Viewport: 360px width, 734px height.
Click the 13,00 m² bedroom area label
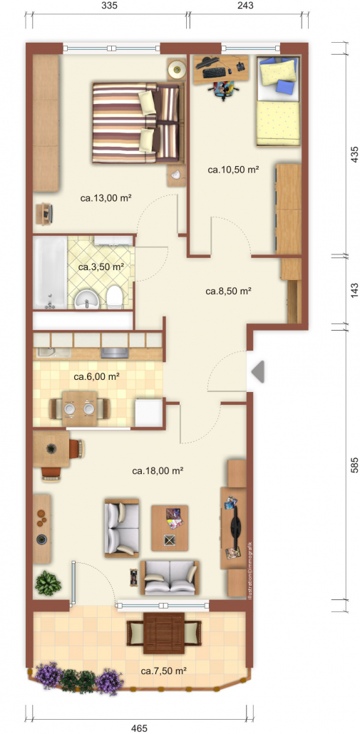(106, 198)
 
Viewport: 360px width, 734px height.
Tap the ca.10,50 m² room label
(233, 170)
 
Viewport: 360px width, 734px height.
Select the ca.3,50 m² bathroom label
(101, 267)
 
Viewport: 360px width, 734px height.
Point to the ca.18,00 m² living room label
(158, 470)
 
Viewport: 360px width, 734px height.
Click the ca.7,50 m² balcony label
(165, 671)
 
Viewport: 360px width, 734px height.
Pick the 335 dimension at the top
(108, 6)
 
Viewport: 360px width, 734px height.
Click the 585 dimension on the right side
(354, 466)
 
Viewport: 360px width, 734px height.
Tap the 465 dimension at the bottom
(140, 728)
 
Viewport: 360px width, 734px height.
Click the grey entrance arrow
(258, 371)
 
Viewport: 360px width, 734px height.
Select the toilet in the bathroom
(115, 298)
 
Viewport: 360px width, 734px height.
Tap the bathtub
(50, 273)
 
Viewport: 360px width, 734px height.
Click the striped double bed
(136, 123)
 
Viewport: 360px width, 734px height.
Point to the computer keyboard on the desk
(215, 73)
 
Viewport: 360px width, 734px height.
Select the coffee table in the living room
(170, 528)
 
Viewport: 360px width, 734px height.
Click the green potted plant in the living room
(48, 583)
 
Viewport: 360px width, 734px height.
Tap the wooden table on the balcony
(164, 634)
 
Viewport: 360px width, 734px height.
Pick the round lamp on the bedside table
(177, 71)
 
